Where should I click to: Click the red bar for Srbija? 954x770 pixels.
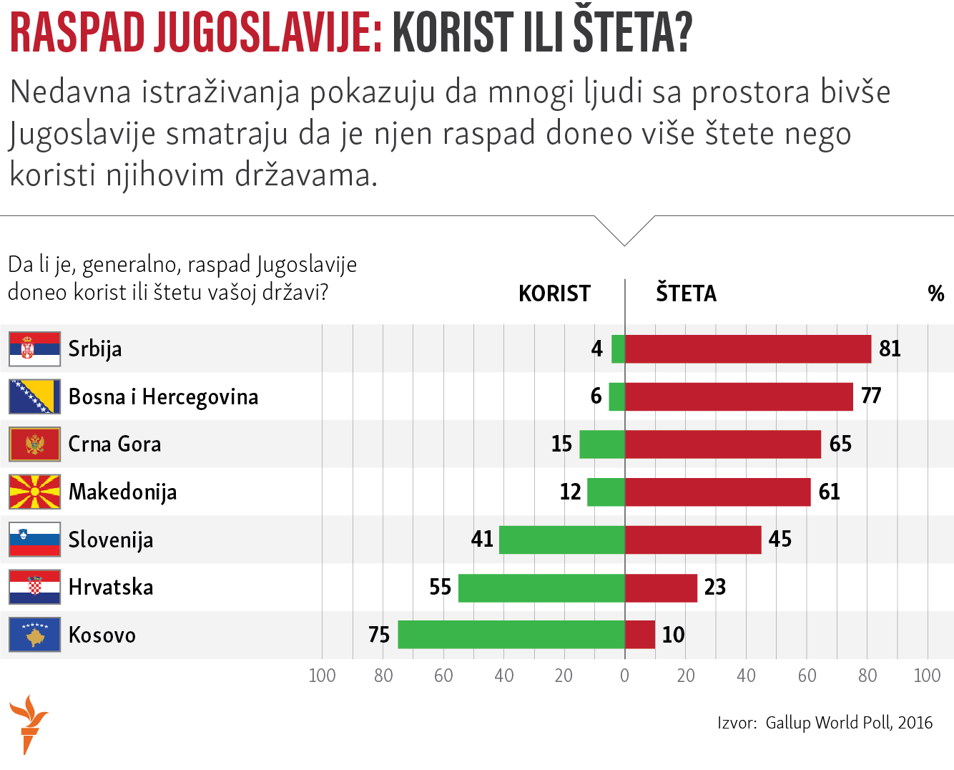tap(748, 349)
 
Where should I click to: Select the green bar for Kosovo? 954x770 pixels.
tap(511, 635)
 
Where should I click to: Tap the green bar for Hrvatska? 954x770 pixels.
tap(541, 588)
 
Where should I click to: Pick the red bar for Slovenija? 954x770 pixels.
tap(693, 540)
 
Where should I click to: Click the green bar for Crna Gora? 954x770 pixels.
tap(602, 444)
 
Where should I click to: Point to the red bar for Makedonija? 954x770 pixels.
tap(718, 492)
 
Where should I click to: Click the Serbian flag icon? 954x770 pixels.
tap(34, 349)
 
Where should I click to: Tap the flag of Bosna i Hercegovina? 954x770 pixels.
tap(34, 396)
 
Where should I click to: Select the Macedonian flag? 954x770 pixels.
tap(34, 492)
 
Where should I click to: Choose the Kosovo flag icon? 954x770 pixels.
tap(34, 635)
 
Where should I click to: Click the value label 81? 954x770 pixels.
tap(890, 349)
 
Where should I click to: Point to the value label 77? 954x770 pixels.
tap(871, 396)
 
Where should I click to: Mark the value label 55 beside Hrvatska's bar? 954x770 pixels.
tap(440, 588)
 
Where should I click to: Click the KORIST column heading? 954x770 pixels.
tap(554, 293)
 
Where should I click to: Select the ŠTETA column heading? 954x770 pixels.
tap(686, 293)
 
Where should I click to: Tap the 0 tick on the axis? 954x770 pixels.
tap(624, 676)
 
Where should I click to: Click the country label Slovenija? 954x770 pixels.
tap(111, 540)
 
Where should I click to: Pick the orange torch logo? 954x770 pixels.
tap(28, 723)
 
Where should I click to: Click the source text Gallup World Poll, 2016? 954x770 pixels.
tap(849, 723)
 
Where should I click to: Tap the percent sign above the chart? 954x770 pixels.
tap(935, 293)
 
